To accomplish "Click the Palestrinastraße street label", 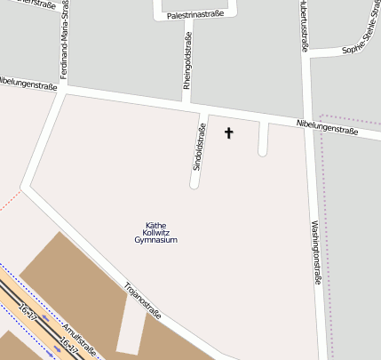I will [194, 15].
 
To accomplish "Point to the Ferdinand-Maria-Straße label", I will [63, 40].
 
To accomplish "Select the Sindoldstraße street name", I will [199, 148].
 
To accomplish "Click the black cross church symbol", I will [228, 133].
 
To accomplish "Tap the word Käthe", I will [156, 225].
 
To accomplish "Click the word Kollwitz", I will [156, 233].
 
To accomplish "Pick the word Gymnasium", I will [156, 241].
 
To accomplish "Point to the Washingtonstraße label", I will [316, 252].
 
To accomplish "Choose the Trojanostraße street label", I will [143, 300].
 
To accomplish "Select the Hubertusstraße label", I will [305, 27].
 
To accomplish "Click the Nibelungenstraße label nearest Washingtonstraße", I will [327, 126].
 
